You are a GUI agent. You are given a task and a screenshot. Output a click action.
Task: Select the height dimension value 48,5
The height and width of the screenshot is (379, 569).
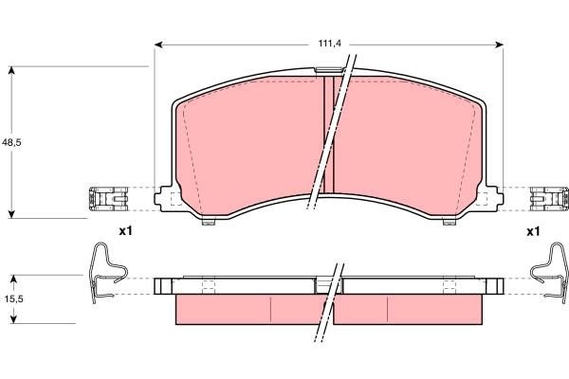click(x=11, y=142)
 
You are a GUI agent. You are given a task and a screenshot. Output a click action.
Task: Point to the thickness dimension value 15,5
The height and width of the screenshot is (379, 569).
click(x=11, y=298)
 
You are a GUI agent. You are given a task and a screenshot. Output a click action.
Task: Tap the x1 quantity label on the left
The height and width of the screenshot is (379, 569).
click(x=126, y=231)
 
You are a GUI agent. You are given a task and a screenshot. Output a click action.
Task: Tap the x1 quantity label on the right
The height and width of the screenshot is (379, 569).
click(x=532, y=231)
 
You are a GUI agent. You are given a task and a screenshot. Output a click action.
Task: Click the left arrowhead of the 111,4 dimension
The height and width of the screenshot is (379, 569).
click(x=158, y=44)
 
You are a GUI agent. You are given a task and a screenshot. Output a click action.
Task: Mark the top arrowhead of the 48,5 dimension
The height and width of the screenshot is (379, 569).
click(x=11, y=71)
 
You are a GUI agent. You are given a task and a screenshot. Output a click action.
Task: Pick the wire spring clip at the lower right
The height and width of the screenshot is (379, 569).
click(x=548, y=271)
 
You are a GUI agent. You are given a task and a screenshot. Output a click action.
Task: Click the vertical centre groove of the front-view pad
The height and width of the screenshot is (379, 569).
click(x=330, y=133)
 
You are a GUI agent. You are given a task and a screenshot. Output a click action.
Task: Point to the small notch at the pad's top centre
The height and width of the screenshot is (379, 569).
click(x=328, y=70)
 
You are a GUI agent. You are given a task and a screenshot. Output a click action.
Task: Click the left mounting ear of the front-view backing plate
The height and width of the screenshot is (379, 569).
click(x=167, y=198)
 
